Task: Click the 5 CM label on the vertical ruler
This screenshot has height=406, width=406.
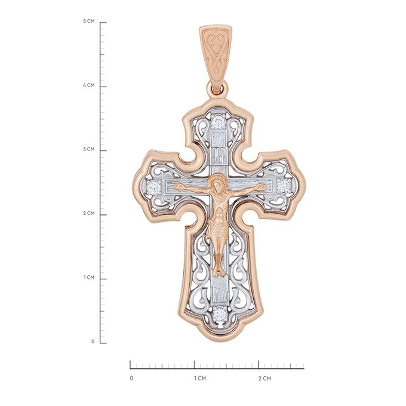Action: tap(89, 21)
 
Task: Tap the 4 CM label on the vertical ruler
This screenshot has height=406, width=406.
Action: tap(89, 85)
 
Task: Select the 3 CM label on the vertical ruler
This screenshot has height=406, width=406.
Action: tap(89, 149)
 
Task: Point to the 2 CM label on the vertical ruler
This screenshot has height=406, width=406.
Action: tap(89, 213)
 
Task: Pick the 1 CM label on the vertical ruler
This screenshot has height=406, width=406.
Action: tap(89, 278)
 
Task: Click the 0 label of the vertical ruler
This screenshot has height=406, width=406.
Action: tap(93, 342)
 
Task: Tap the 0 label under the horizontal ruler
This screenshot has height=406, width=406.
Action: tap(131, 379)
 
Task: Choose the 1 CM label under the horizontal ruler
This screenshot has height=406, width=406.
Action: tap(200, 379)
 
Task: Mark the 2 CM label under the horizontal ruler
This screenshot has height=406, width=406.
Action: tap(264, 379)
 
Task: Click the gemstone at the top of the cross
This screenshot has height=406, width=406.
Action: tap(218, 121)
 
